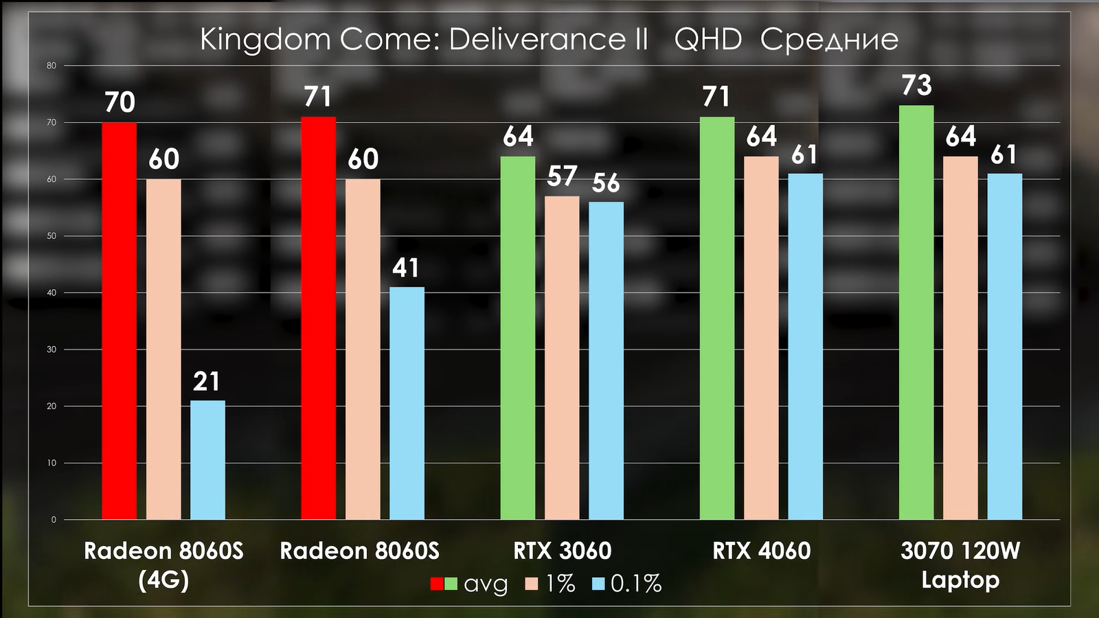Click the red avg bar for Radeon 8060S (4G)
click(x=119, y=321)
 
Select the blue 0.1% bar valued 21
click(x=207, y=460)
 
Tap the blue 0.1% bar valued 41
click(x=407, y=403)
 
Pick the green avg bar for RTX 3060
click(x=517, y=338)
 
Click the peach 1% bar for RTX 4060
click(x=761, y=338)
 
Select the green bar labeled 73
click(x=916, y=312)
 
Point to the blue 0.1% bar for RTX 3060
click(x=606, y=360)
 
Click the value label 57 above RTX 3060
click(x=562, y=176)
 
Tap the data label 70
click(x=120, y=102)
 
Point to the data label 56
click(x=606, y=183)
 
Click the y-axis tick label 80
click(x=52, y=66)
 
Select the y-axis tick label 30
click(x=52, y=350)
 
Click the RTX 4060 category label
click(x=761, y=551)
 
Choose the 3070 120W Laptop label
click(x=960, y=565)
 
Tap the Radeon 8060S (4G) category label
click(x=163, y=565)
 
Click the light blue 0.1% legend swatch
click(x=598, y=584)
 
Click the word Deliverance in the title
click(x=548, y=39)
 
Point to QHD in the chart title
click(x=708, y=39)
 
